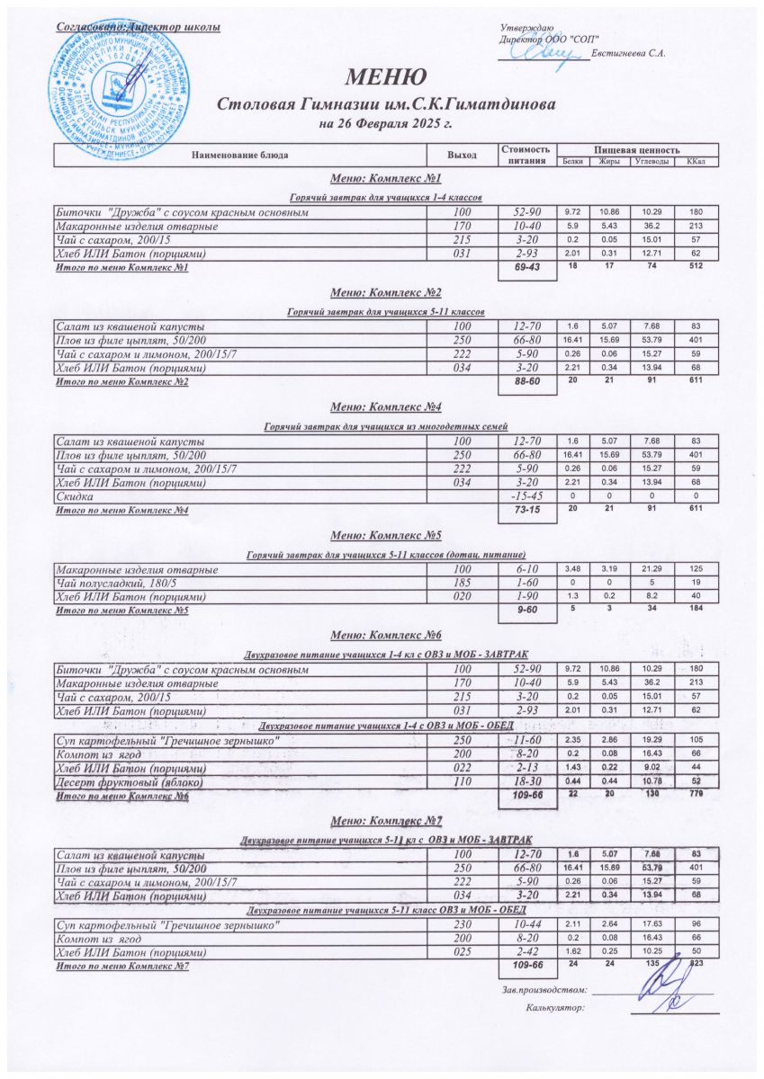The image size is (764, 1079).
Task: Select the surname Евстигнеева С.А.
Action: [x=629, y=54]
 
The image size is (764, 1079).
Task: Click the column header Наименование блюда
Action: [x=239, y=156]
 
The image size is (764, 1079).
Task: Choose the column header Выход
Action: [x=463, y=156]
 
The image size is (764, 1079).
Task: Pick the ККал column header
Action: [x=696, y=162]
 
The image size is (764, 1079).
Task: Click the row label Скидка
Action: [x=72, y=496]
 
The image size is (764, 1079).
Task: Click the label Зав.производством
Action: [x=544, y=990]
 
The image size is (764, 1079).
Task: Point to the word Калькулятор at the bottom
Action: [x=554, y=1008]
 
